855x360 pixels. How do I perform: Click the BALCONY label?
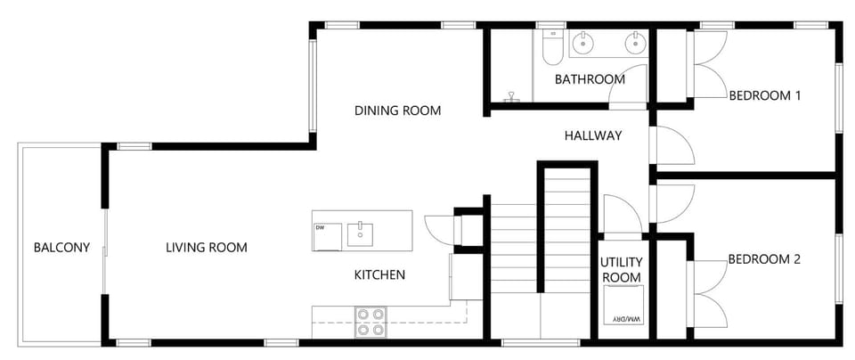point(61,248)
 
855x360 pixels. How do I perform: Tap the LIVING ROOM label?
point(207,248)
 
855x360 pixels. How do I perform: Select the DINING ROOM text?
point(398,110)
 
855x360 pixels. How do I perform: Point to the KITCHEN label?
point(379,274)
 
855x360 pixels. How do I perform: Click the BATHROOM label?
point(590,79)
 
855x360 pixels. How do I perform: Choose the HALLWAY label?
point(593,135)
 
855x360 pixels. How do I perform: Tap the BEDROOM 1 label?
point(764,94)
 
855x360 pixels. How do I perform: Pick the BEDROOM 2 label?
point(764,259)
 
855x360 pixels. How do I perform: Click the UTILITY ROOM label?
point(621,270)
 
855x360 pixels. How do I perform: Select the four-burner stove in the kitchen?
point(370,322)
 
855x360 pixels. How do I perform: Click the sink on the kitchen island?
point(360,233)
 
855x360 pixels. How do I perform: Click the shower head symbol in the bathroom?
point(512,94)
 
